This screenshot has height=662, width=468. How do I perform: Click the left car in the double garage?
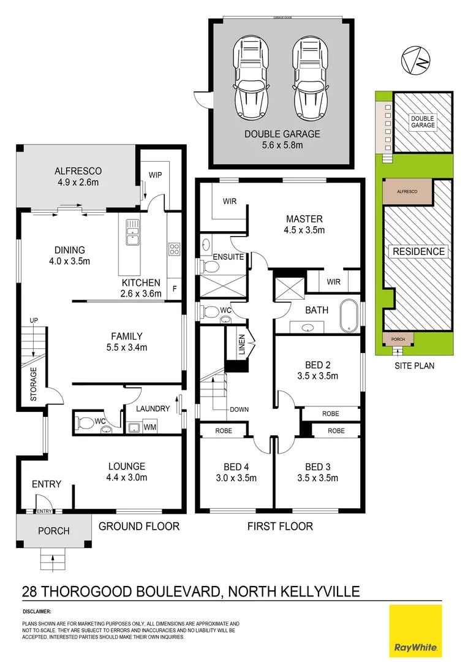(x=250, y=79)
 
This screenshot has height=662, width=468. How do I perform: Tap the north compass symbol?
(x=415, y=60)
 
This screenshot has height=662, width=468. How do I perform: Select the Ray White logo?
(x=415, y=630)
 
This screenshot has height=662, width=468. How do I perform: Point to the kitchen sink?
(x=132, y=232)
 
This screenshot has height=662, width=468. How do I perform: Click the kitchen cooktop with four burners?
(x=173, y=249)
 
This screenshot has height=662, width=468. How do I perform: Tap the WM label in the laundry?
(x=149, y=427)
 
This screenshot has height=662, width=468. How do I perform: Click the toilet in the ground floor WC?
(x=85, y=422)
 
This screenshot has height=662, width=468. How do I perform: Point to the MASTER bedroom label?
(x=304, y=219)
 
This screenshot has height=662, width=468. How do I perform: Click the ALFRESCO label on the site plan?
(x=407, y=192)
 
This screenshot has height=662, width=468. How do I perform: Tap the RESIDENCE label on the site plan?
(x=419, y=251)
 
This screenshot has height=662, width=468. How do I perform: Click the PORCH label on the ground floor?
(x=54, y=531)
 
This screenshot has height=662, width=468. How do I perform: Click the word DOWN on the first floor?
(x=239, y=409)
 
